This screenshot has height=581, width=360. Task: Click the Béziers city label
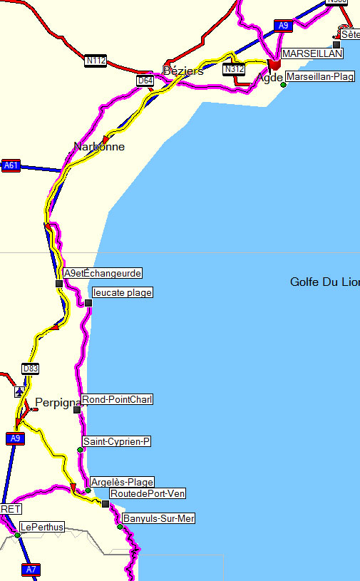(x=183, y=71)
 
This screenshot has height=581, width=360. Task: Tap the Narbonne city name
(x=99, y=147)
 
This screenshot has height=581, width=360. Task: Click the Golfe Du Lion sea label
(x=324, y=282)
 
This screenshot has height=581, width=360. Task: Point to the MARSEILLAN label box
(x=312, y=53)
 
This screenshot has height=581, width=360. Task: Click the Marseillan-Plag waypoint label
(x=320, y=77)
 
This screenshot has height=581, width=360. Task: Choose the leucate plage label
(x=123, y=292)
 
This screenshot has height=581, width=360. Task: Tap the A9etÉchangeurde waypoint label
(x=103, y=273)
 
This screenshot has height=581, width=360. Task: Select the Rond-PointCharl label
(x=117, y=399)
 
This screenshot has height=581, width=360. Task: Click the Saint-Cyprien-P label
(x=117, y=442)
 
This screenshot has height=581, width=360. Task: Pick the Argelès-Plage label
(x=123, y=483)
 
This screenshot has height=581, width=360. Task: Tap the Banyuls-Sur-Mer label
(x=158, y=518)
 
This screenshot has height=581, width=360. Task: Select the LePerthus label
(x=41, y=527)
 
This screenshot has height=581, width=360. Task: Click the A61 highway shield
(x=11, y=165)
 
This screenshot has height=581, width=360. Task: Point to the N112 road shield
(x=96, y=61)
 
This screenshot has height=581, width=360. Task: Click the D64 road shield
(x=145, y=81)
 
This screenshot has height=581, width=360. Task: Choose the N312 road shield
(x=233, y=69)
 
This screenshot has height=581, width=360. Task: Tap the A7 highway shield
(x=31, y=570)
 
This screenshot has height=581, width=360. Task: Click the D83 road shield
(x=30, y=369)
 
